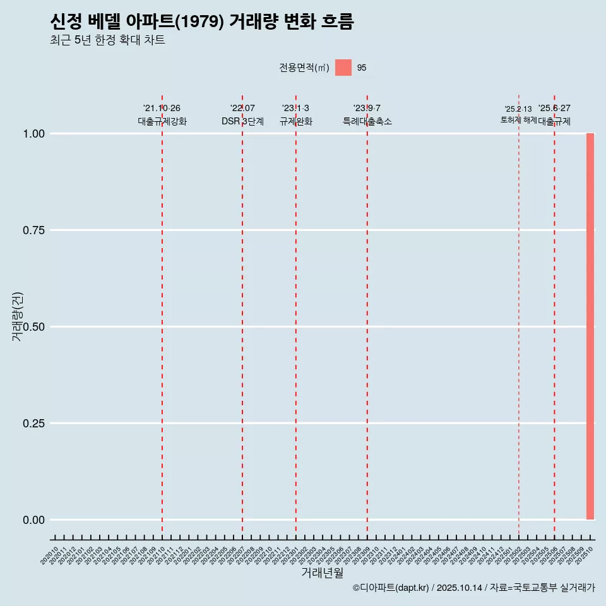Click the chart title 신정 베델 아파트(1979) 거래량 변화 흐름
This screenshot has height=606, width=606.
pyautogui.click(x=202, y=22)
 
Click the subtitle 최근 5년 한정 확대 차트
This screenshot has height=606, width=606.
pyautogui.click(x=107, y=40)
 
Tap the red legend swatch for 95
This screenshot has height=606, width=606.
pyautogui.click(x=343, y=68)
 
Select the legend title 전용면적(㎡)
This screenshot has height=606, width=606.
pyautogui.click(x=304, y=68)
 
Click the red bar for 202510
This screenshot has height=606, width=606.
pyautogui.click(x=590, y=326)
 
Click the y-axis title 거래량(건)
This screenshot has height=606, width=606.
pyautogui.click(x=18, y=316)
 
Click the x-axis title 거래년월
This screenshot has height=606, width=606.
pyautogui.click(x=323, y=573)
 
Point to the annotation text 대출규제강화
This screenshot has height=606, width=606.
pyautogui.click(x=162, y=121)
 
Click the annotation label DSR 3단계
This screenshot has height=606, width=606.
pyautogui.click(x=242, y=121)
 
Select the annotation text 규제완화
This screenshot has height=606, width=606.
pyautogui.click(x=296, y=121)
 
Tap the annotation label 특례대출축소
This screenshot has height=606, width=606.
pyautogui.click(x=367, y=121)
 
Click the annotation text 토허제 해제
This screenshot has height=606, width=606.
pyautogui.click(x=518, y=119)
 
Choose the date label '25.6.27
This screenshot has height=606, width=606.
pyautogui.click(x=554, y=109)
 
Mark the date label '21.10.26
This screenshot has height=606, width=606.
pyautogui.click(x=162, y=109)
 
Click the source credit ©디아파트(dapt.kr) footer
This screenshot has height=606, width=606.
pyautogui.click(x=473, y=588)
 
